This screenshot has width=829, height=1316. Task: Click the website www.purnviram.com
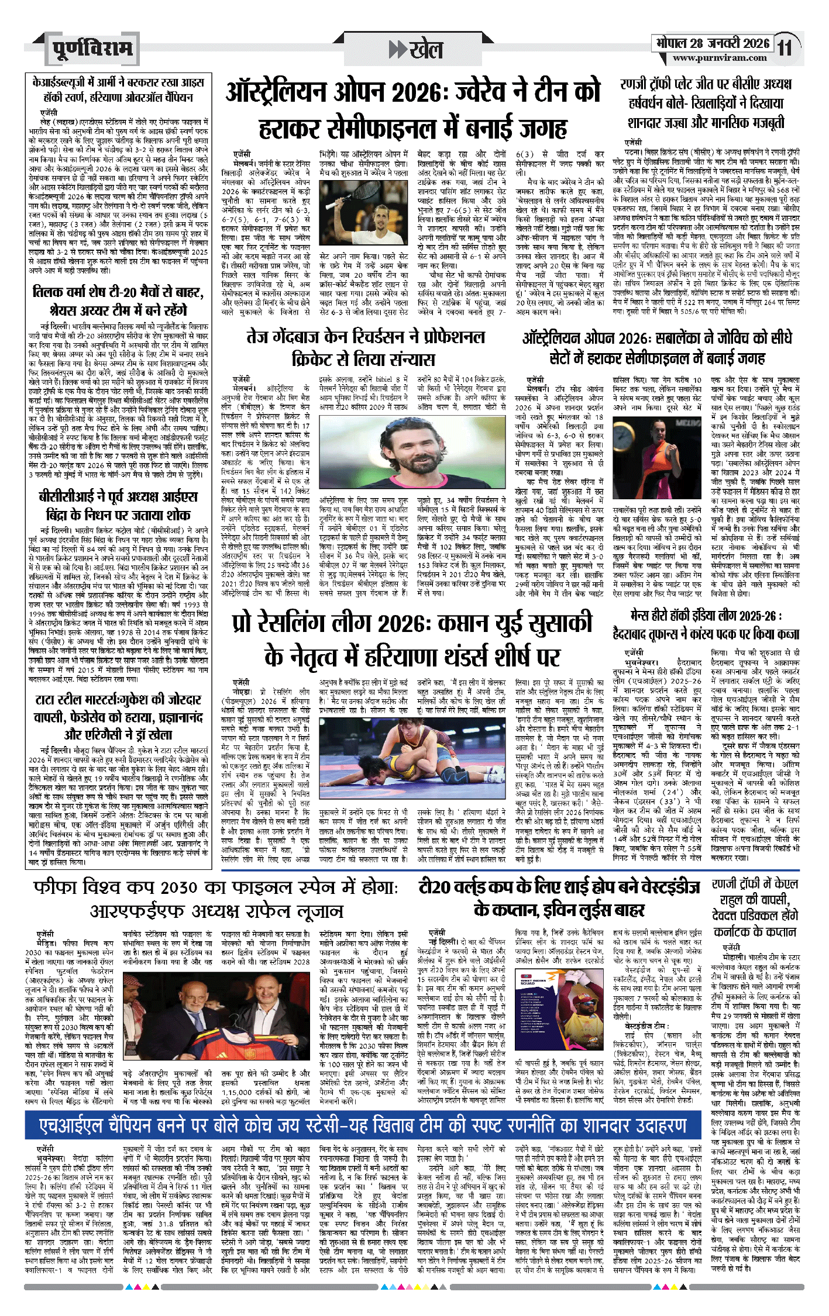point(720,58)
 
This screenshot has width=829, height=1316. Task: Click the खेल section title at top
point(417,50)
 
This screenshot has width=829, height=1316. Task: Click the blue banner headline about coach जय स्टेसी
point(363,1126)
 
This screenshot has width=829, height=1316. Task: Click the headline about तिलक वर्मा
point(118,300)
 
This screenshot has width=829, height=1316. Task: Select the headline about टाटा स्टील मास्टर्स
point(118,717)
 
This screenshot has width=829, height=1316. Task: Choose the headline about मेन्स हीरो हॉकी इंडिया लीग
point(706,624)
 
